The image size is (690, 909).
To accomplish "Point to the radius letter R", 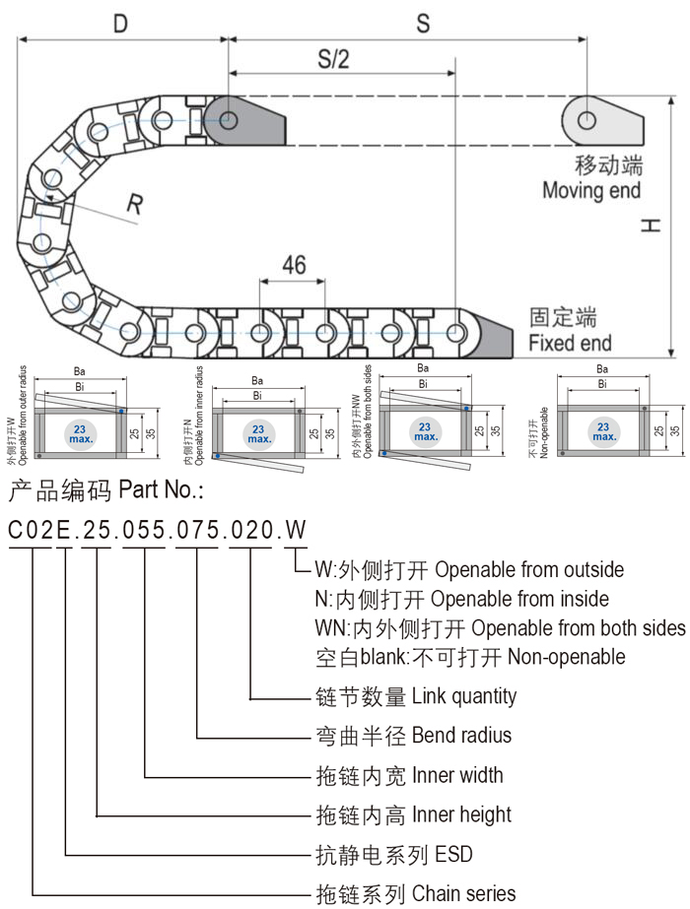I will (135, 204).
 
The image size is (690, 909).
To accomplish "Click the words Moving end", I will (591, 190).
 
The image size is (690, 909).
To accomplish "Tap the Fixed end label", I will (570, 344).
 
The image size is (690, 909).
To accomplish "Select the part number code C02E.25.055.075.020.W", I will (158, 531).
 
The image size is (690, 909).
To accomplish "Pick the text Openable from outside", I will (529, 570).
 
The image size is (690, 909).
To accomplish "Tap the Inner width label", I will (457, 775).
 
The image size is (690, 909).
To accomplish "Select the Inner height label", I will (461, 814).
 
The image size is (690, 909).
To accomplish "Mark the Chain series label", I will (463, 893).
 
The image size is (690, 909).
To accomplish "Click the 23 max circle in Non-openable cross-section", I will (603, 430).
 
